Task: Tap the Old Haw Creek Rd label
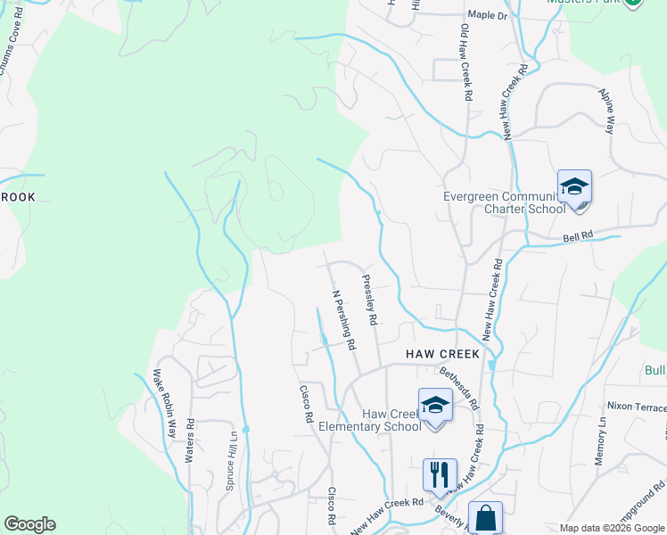click(x=465, y=62)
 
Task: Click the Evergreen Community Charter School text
click(x=504, y=202)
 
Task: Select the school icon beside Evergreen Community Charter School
click(x=575, y=186)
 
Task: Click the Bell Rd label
click(x=578, y=238)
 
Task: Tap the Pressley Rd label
click(x=370, y=299)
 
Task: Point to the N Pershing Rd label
click(x=344, y=318)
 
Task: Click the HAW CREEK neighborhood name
click(x=442, y=354)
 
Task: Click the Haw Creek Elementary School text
click(x=391, y=420)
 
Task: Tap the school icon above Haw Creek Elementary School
click(x=434, y=406)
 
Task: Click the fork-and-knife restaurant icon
click(x=439, y=473)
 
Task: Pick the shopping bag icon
click(x=485, y=516)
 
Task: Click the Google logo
click(x=29, y=524)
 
